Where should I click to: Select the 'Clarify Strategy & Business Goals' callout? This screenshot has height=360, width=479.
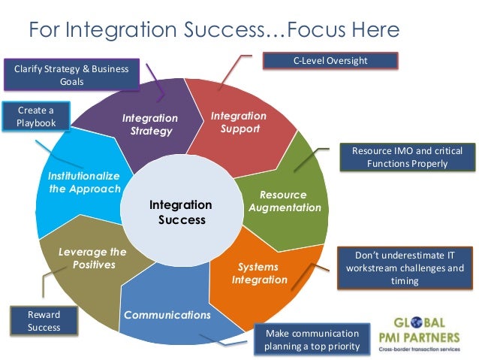(x=71, y=75)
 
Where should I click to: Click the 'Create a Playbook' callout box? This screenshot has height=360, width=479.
(x=36, y=116)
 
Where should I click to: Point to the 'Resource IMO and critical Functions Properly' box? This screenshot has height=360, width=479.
(x=408, y=157)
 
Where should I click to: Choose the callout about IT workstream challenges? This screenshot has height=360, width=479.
(x=403, y=268)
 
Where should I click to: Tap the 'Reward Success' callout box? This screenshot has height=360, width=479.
(x=44, y=321)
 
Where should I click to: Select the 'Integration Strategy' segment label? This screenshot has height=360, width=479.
(x=150, y=125)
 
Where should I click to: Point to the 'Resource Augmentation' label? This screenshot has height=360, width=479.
(x=285, y=201)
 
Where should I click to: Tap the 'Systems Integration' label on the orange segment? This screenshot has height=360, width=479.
(x=258, y=274)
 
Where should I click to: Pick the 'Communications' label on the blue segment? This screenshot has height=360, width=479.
(x=167, y=315)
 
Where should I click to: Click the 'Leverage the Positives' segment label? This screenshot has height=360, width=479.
(x=92, y=259)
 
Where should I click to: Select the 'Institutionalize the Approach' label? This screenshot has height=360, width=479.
(x=84, y=182)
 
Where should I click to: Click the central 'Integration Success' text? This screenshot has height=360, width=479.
(x=180, y=212)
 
